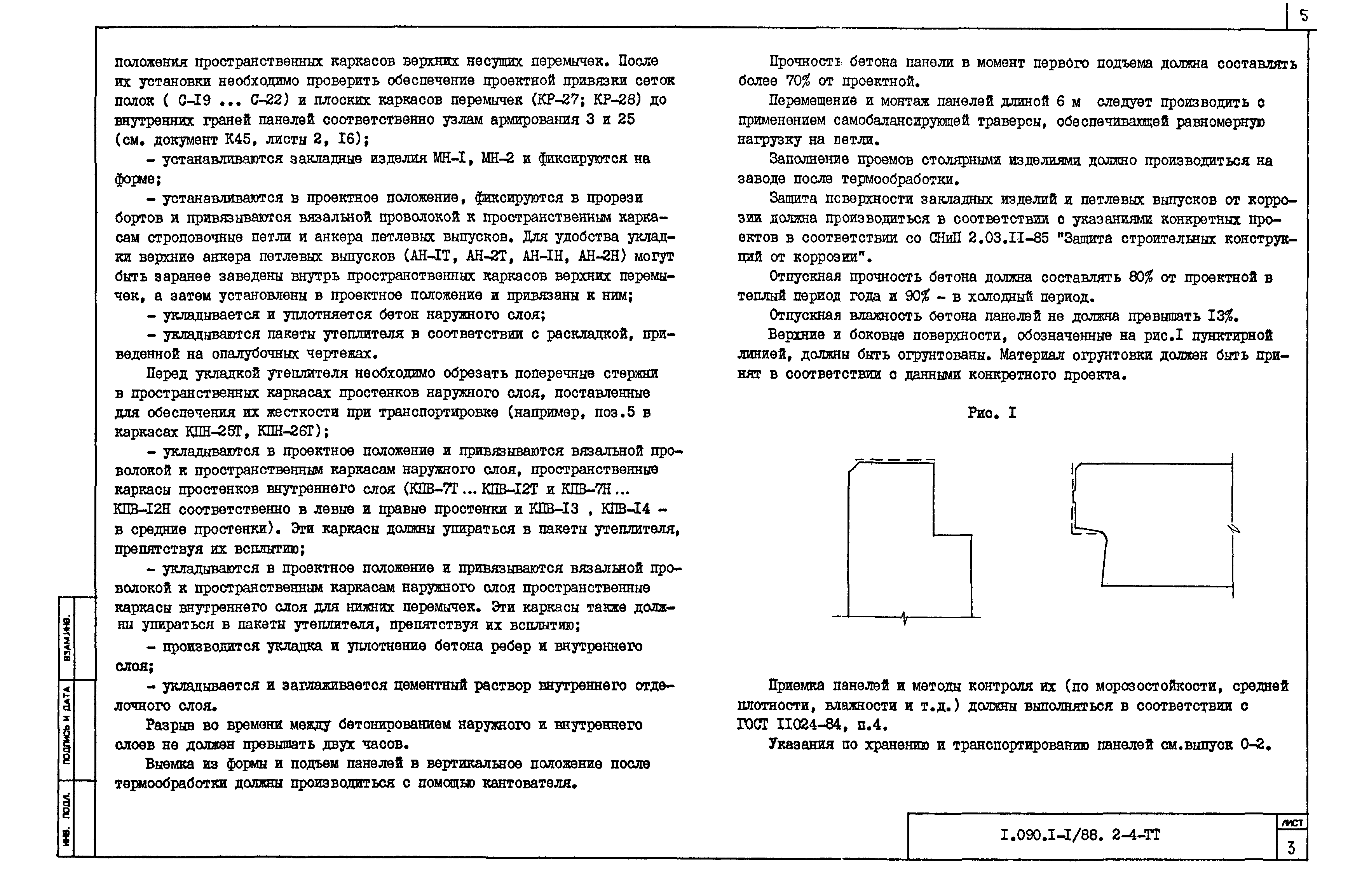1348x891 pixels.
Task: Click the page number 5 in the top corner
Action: tap(1303, 16)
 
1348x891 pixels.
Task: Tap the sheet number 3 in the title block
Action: tap(1291, 848)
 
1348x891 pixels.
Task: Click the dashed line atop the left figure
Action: tap(894, 459)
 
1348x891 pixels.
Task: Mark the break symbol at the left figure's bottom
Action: tap(904, 618)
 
